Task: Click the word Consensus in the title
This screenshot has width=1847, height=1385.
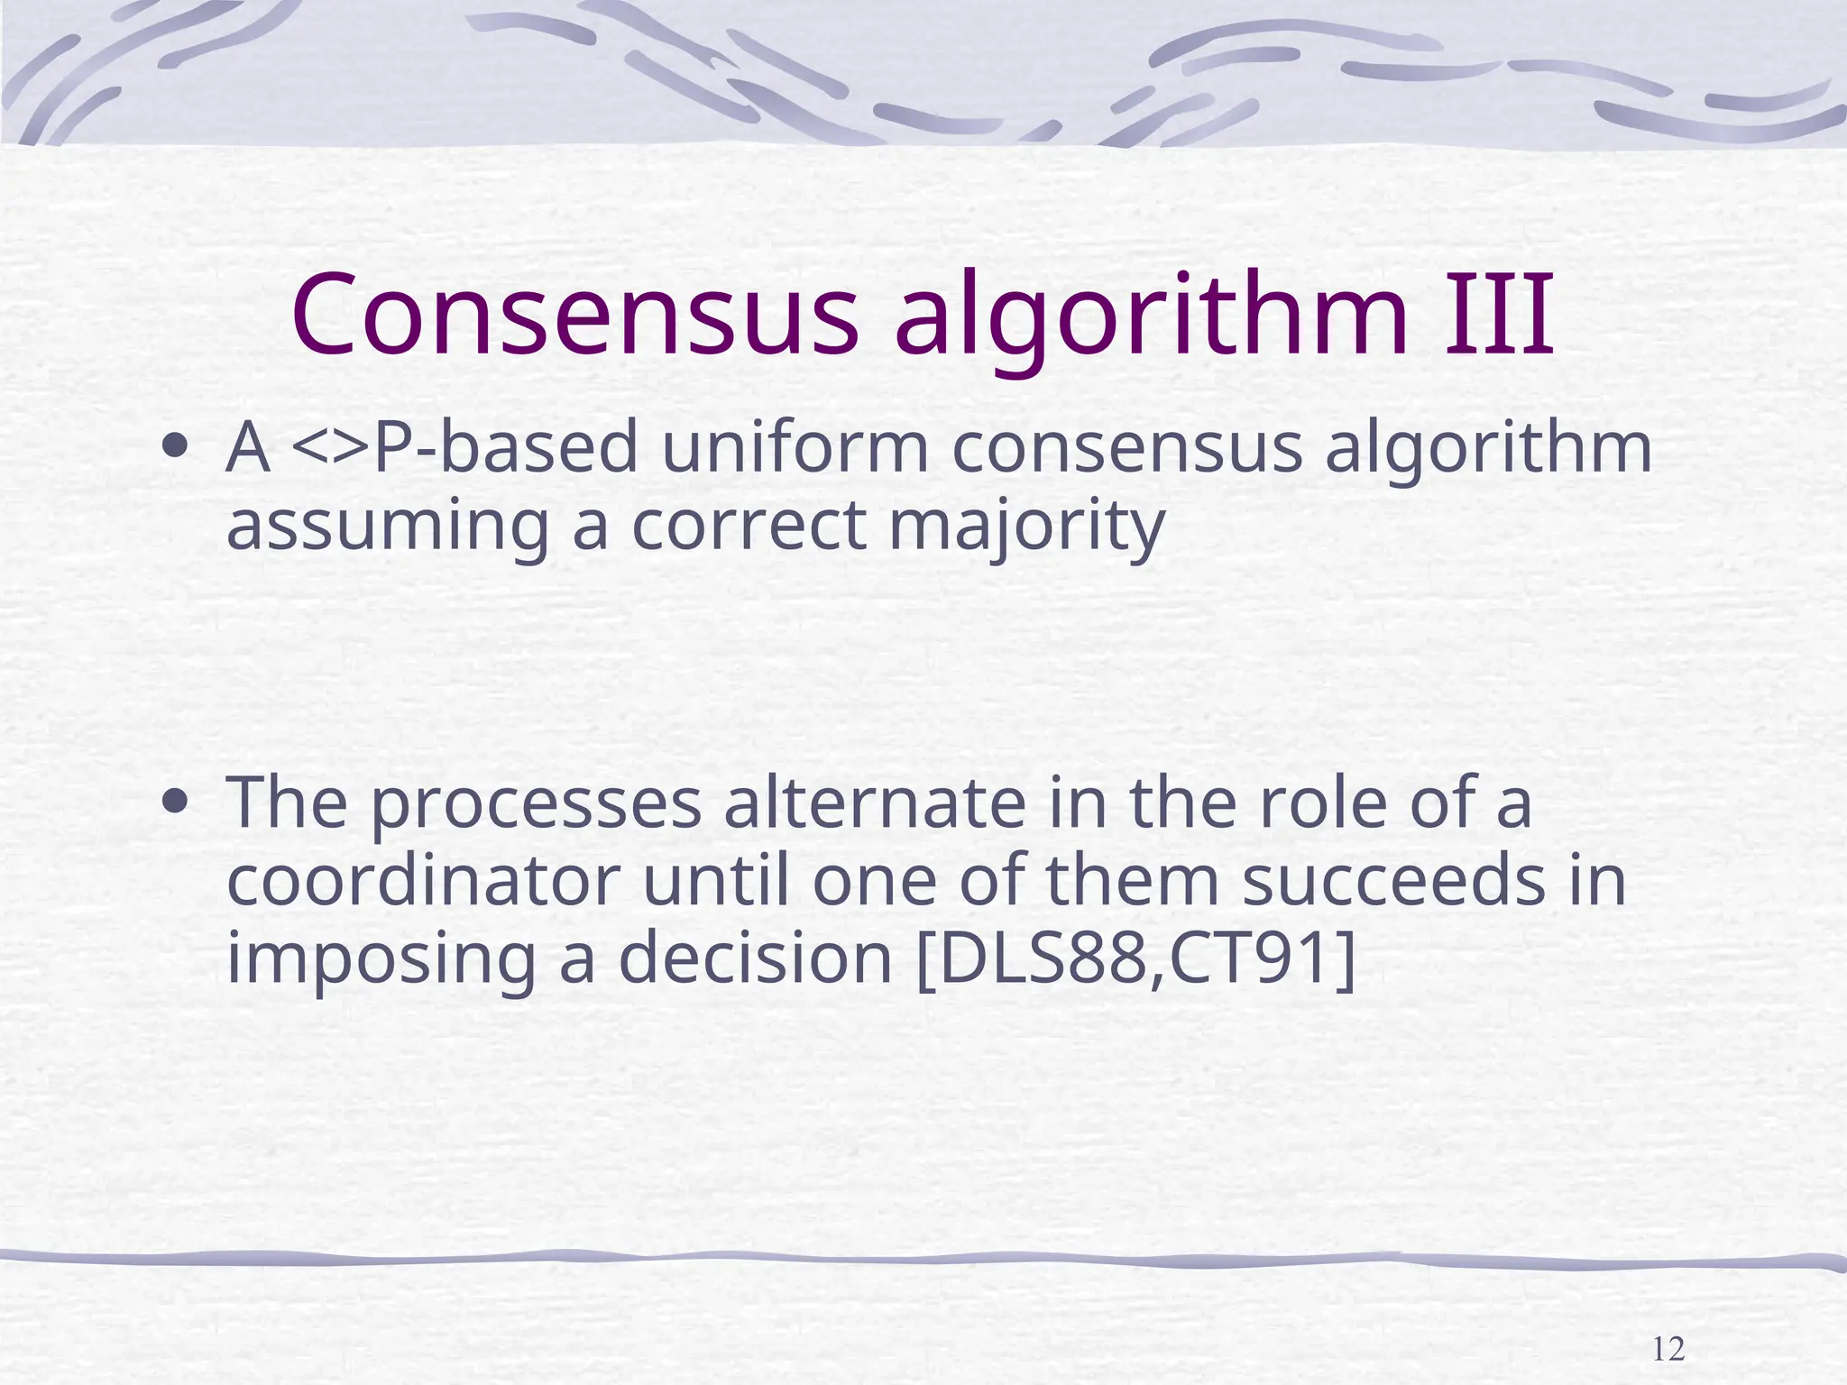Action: (574, 314)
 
